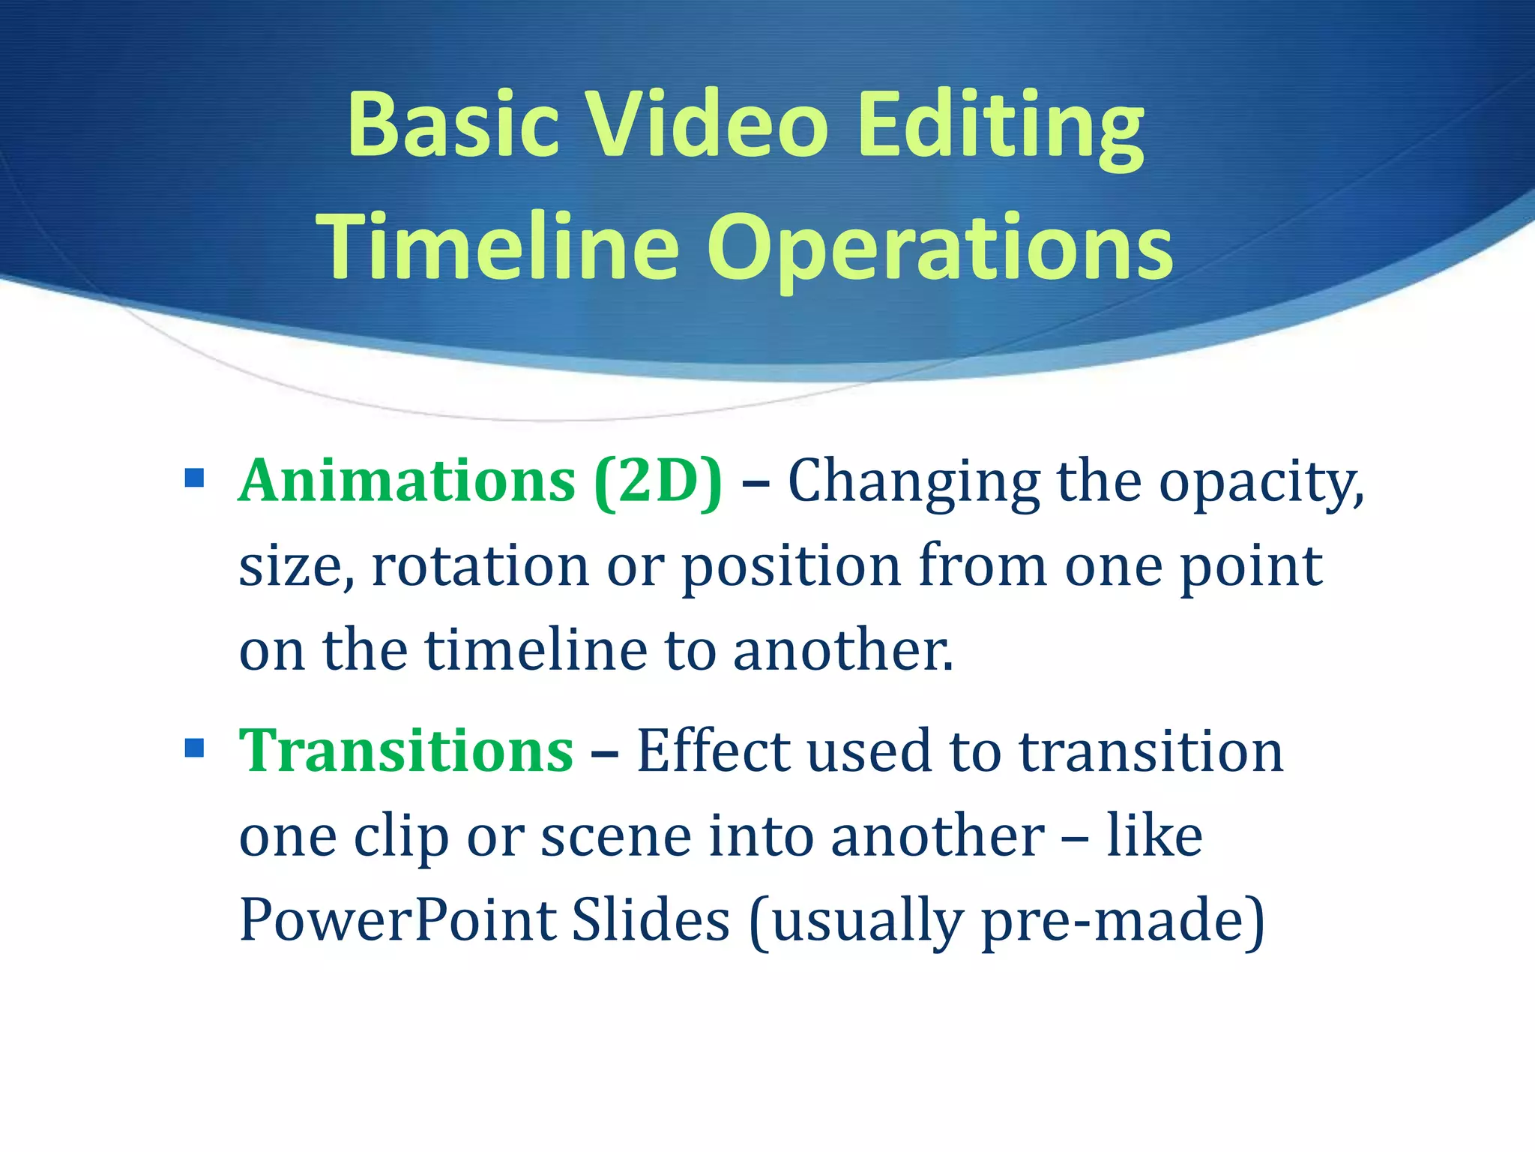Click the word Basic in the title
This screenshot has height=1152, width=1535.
(x=453, y=124)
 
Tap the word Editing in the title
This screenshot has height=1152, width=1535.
(x=1000, y=127)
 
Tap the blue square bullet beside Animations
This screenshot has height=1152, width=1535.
(x=194, y=478)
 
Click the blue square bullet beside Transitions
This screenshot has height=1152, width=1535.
(x=194, y=748)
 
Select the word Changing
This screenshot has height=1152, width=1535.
(x=914, y=484)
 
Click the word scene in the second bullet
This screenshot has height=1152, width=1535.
(x=616, y=837)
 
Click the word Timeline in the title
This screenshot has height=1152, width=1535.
(x=498, y=247)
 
